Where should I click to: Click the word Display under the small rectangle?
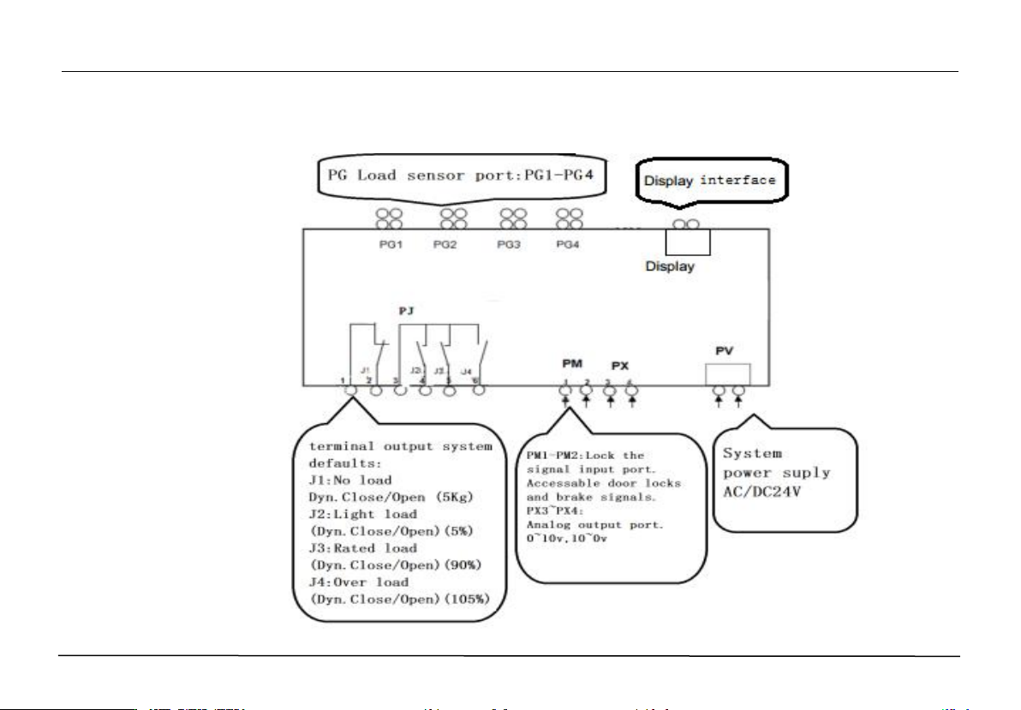pos(671,266)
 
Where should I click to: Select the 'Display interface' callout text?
pos(710,181)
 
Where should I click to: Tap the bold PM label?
pos(571,364)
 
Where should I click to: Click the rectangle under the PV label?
pos(727,374)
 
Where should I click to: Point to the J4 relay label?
pos(466,371)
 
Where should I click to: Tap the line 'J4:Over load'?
pos(360,582)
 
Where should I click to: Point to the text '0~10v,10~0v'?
pos(567,537)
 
